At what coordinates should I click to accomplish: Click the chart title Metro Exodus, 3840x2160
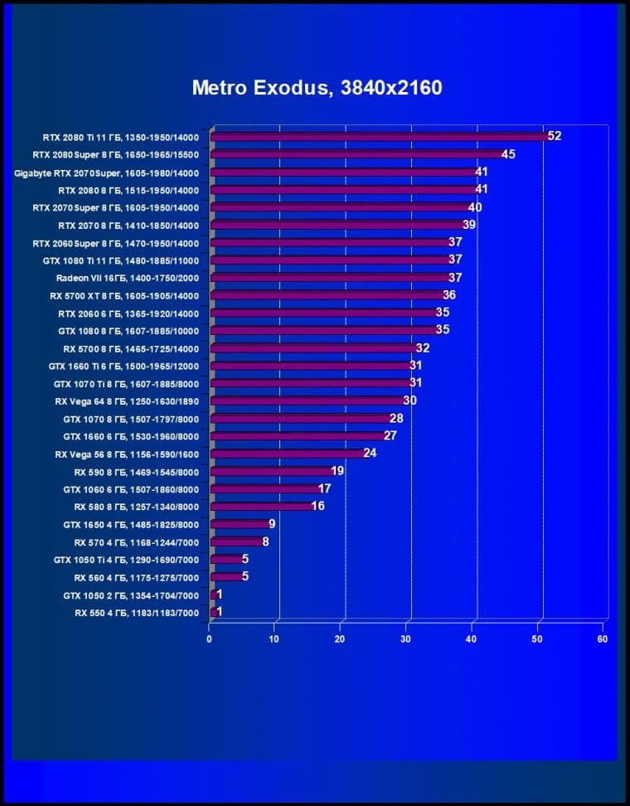point(317,88)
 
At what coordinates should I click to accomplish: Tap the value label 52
point(555,136)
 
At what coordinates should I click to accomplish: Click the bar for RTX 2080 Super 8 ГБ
point(357,154)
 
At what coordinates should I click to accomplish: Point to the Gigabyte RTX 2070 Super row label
point(107,172)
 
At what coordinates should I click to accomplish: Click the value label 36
point(449,295)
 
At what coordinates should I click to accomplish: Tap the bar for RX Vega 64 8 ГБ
point(308,401)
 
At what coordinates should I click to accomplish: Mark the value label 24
point(370,454)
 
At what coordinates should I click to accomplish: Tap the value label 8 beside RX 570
point(265,541)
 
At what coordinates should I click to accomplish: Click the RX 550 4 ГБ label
point(137,612)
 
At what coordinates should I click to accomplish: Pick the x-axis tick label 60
point(603,638)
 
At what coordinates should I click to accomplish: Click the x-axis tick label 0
point(210,638)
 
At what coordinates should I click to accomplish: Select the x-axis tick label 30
point(406,638)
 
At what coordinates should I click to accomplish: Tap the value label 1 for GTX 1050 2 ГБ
point(219,595)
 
